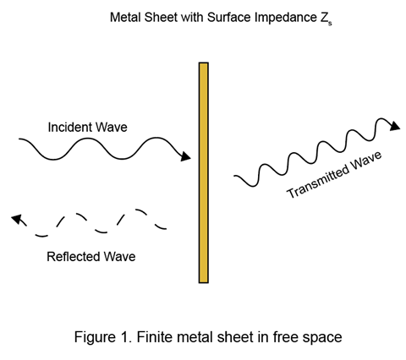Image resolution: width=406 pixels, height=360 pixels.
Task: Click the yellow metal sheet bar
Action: tap(204, 172)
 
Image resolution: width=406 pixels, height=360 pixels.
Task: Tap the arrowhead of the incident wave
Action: tap(185, 156)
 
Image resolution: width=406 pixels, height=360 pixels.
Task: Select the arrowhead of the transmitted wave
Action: tap(395, 126)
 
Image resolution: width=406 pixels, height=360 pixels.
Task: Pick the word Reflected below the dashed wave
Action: tap(73, 257)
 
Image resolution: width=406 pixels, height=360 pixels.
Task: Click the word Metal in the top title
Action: tap(125, 18)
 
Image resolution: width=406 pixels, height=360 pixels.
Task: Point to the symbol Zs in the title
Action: tap(326, 19)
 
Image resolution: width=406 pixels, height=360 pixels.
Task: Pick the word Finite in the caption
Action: tap(152, 337)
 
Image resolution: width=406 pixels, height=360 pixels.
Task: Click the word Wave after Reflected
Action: tap(119, 257)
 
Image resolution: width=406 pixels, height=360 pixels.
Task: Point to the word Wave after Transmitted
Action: tap(366, 161)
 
